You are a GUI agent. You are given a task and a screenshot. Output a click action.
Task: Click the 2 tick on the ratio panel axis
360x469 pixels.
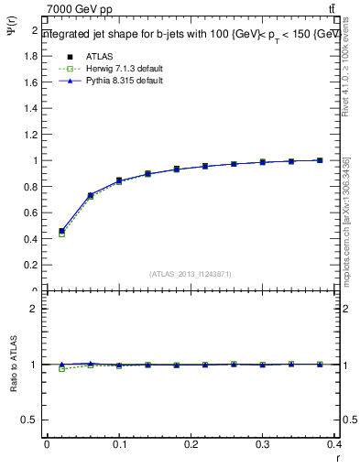35,309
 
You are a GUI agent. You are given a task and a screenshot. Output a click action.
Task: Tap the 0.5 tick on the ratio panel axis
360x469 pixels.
31,420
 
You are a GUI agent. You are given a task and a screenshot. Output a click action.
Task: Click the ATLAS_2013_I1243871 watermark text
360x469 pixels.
191,274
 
